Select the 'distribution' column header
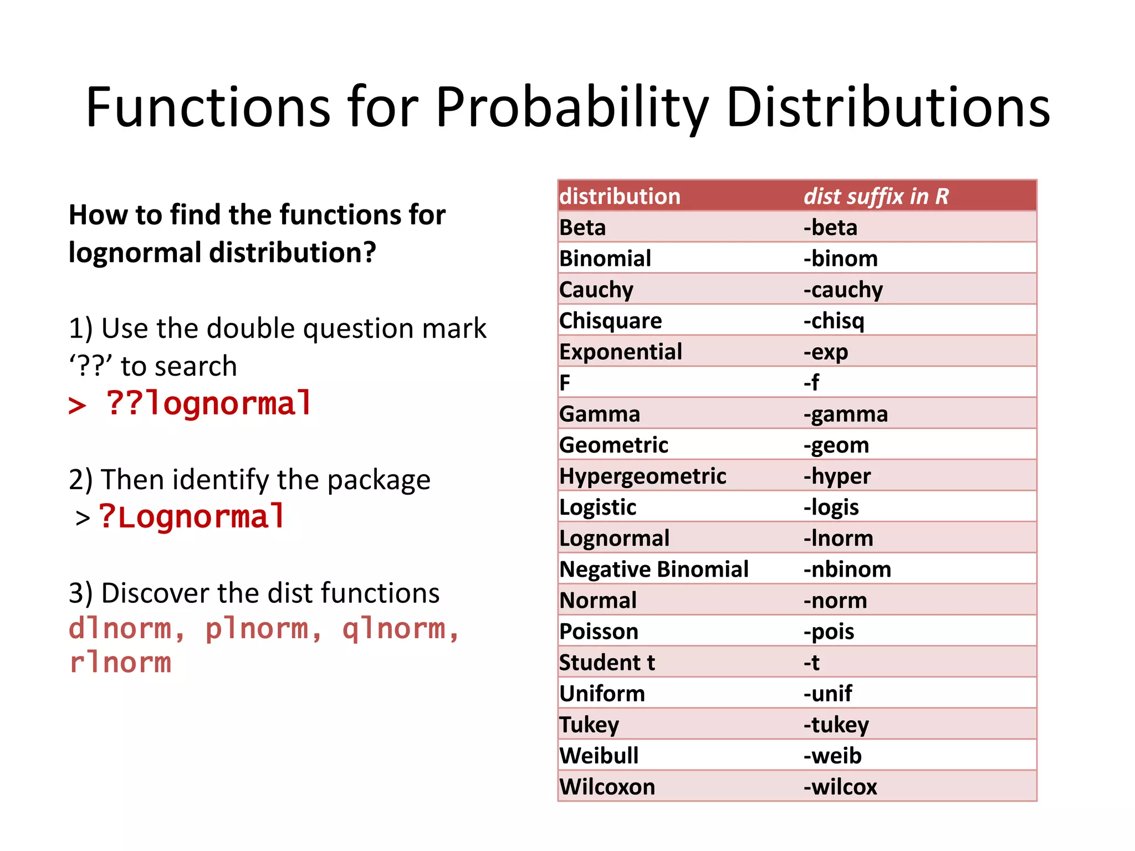620,197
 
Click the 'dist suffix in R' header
876,197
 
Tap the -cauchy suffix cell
843,290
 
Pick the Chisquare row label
610,321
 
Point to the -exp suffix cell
826,352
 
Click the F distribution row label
565,383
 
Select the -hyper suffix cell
837,476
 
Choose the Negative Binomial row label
654,570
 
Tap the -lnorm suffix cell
839,539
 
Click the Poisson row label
599,632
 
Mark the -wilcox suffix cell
840,787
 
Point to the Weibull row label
599,756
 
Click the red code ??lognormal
209,403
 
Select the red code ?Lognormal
192,516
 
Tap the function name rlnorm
120,663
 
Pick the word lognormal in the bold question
135,253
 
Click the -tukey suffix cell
836,725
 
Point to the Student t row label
607,663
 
